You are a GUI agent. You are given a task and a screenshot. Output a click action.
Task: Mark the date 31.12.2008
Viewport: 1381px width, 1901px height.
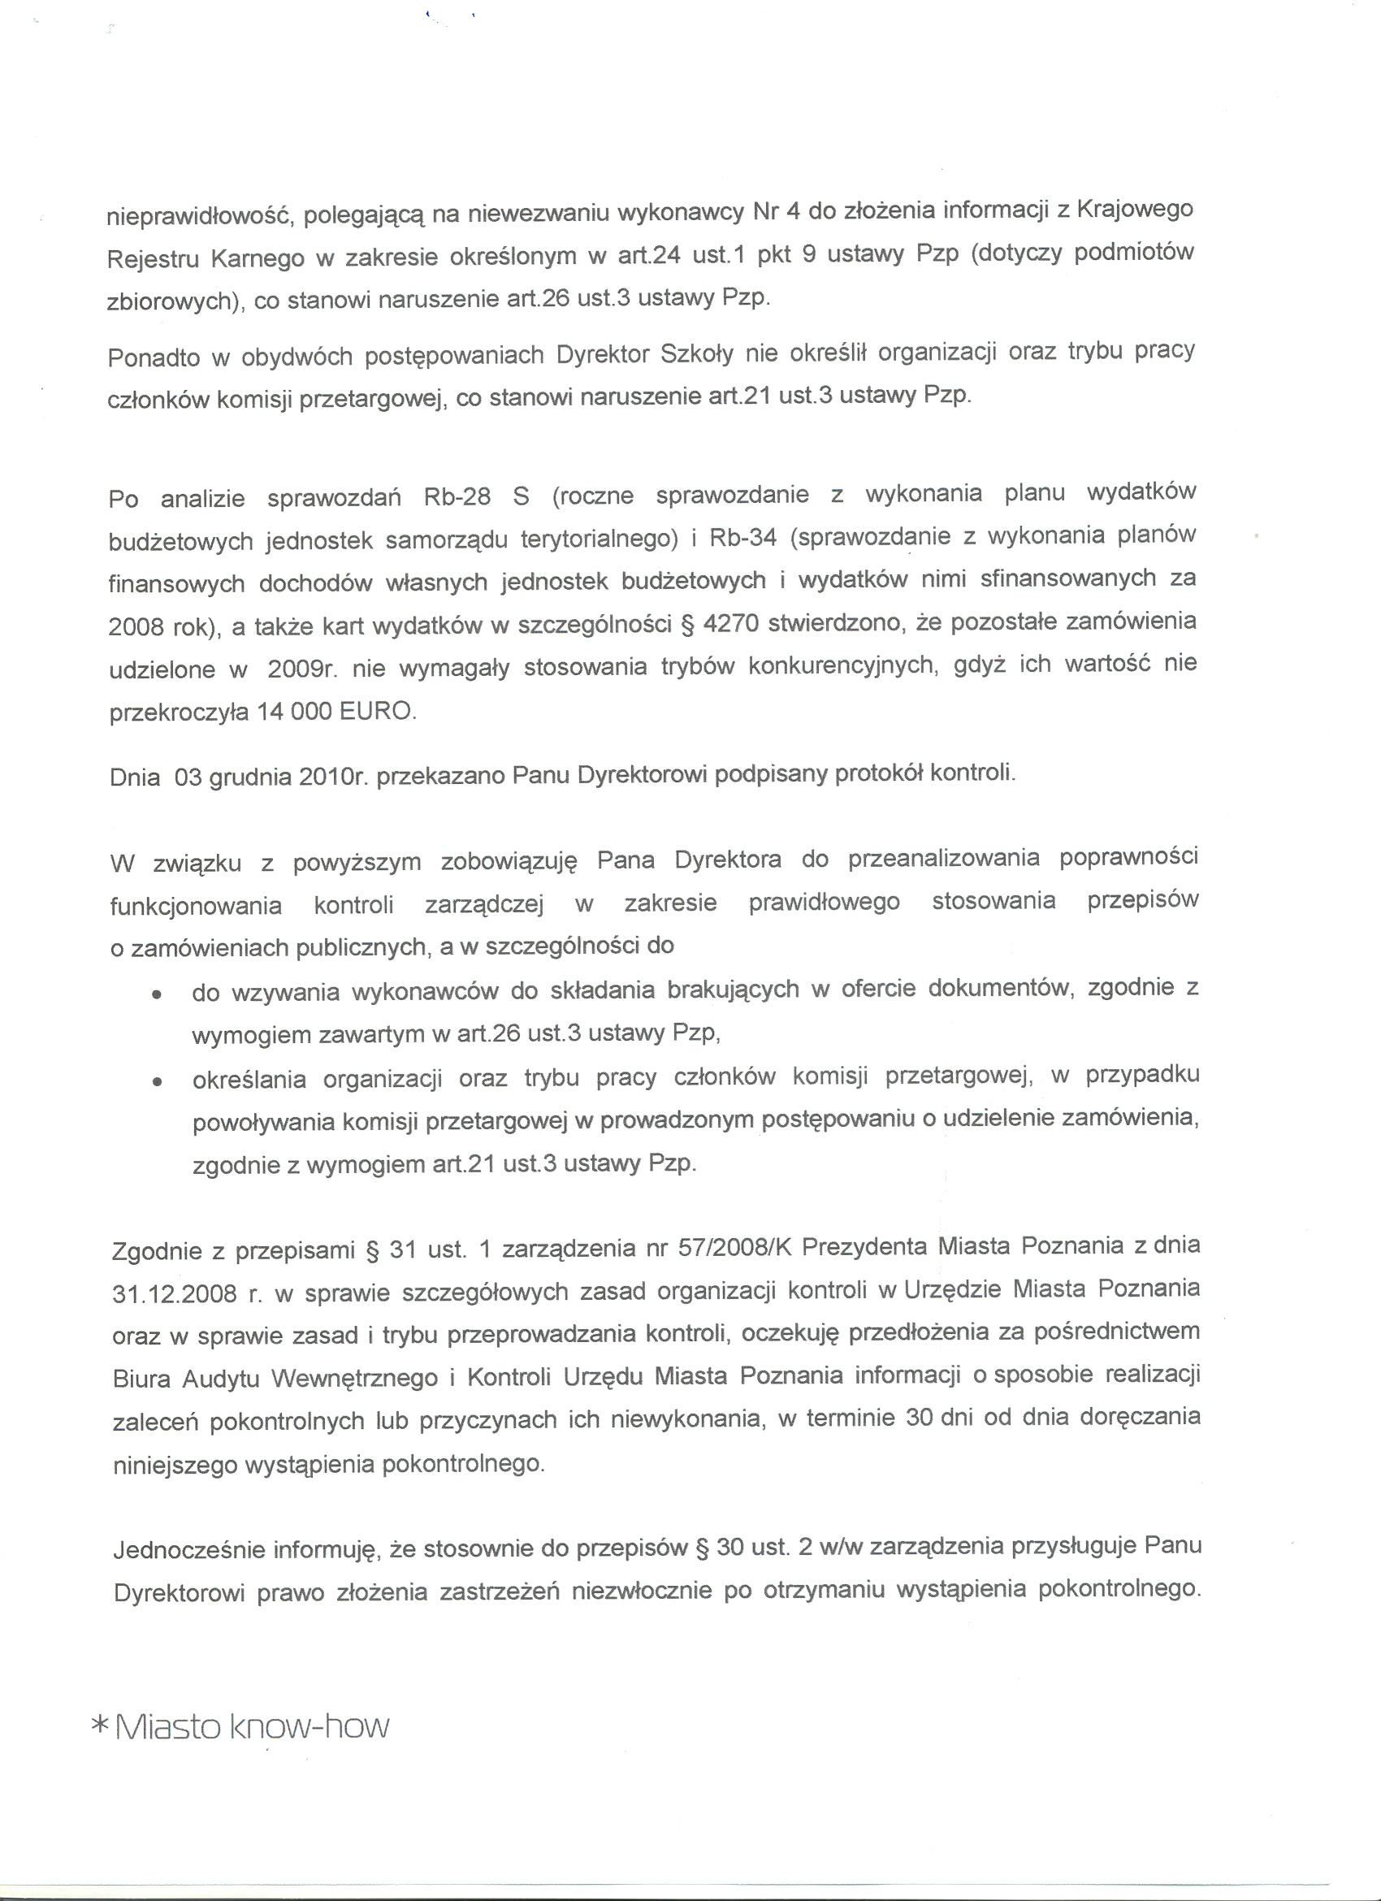point(175,1294)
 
